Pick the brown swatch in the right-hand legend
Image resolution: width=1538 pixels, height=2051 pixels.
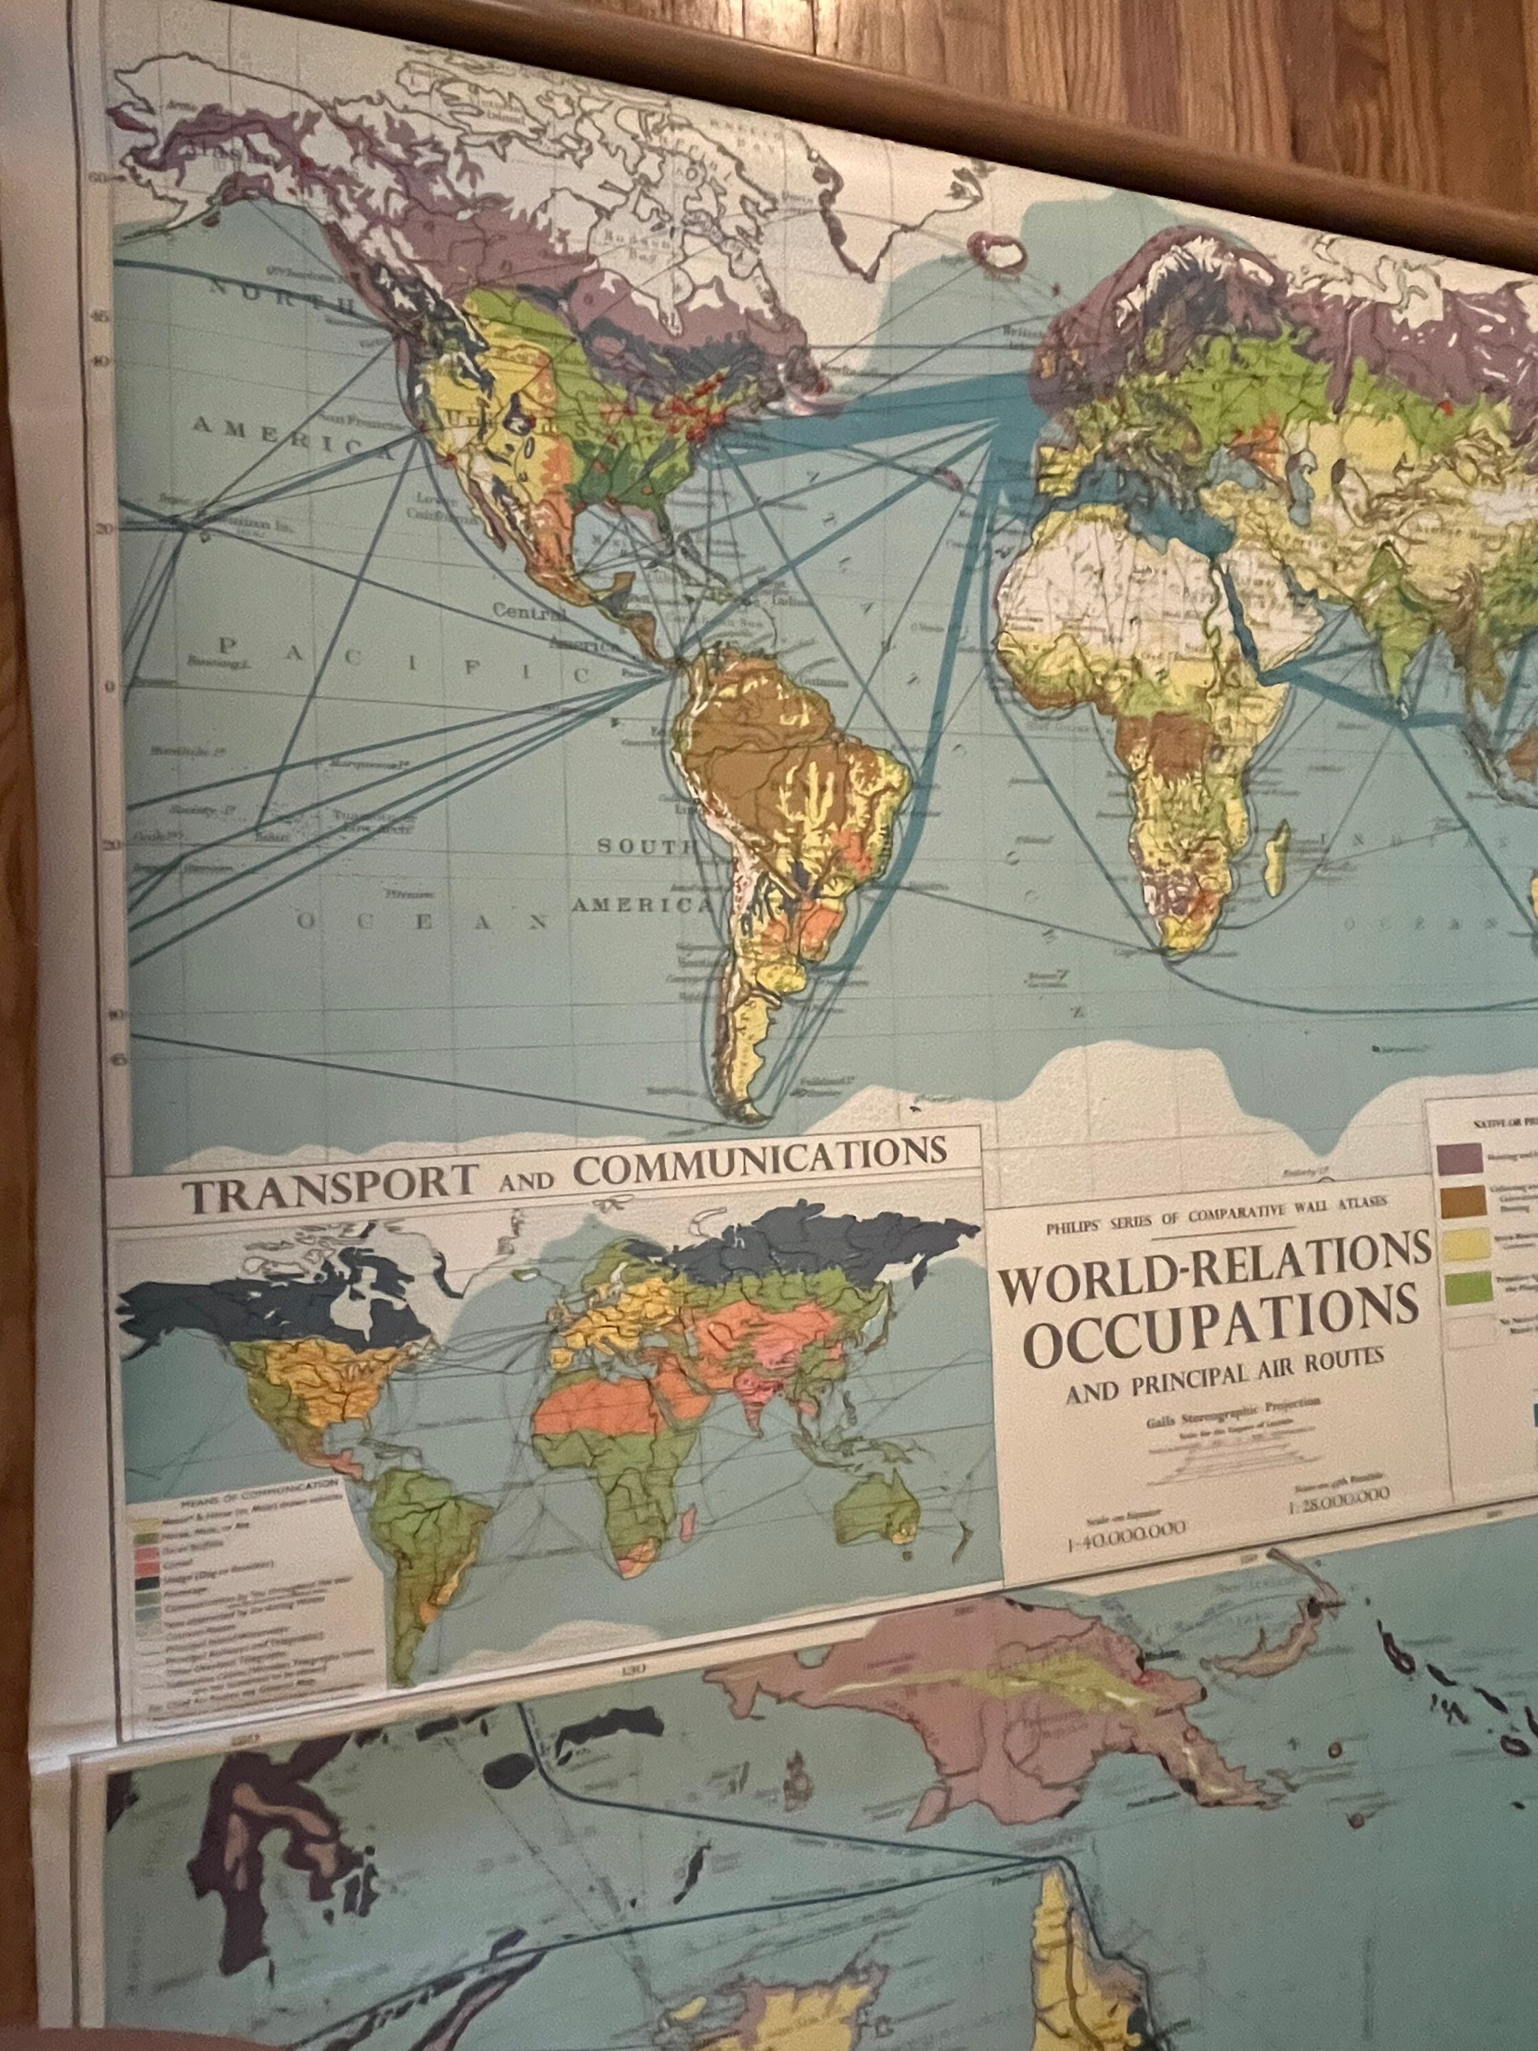coord(1456,1202)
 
